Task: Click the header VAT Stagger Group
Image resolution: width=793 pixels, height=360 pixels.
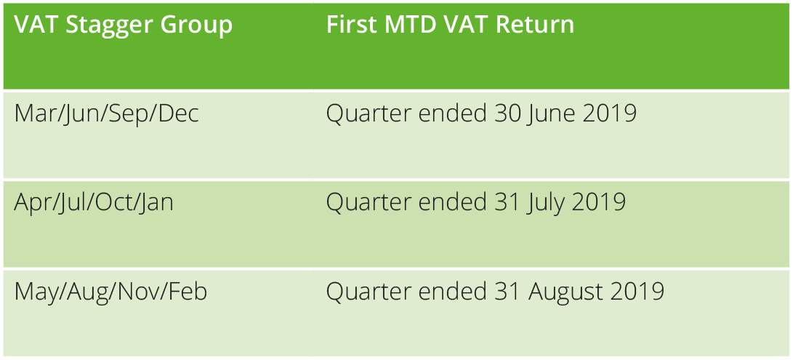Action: [124, 25]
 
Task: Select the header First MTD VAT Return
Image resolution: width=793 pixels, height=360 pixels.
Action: [450, 24]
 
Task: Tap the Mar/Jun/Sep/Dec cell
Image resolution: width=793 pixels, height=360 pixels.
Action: [106, 114]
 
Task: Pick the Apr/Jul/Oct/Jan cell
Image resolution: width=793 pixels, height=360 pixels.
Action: [94, 203]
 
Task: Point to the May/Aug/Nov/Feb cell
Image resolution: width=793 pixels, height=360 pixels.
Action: [110, 292]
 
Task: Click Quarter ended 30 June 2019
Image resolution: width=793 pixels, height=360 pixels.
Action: [481, 114]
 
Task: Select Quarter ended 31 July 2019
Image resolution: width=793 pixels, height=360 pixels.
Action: [476, 203]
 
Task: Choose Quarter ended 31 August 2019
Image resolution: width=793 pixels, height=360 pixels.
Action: [495, 292]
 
